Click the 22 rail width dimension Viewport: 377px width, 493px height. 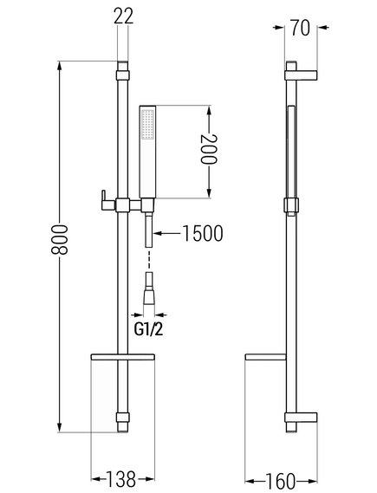(123, 16)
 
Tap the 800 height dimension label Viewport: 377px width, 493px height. (59, 239)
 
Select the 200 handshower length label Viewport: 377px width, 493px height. (209, 149)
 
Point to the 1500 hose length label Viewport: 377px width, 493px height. (203, 233)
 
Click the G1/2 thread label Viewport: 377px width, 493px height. (148, 329)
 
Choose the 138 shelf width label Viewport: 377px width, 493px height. (120, 479)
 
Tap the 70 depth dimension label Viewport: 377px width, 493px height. (300, 28)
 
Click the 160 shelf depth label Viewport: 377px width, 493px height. (281, 481)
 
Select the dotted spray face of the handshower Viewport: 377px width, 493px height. (147, 124)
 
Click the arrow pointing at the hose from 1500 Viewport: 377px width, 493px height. (166, 233)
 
